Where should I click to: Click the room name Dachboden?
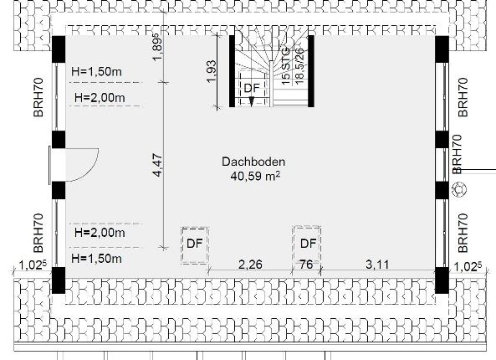point(253,162)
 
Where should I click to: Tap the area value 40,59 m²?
point(255,176)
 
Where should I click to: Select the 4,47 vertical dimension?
point(157,165)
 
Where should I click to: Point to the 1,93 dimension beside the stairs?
point(211,71)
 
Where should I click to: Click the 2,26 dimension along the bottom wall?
point(250,265)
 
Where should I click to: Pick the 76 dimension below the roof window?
point(306,264)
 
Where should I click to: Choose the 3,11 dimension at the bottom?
point(377,265)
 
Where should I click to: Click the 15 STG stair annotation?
point(286,66)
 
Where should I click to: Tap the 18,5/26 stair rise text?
point(299,66)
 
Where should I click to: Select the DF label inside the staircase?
point(252,88)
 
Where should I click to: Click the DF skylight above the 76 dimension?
point(307,244)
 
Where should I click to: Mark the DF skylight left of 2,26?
point(195,245)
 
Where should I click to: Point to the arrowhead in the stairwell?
point(252,101)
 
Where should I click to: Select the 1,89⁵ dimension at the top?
point(157,47)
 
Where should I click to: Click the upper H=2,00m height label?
point(100,97)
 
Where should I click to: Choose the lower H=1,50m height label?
point(96,259)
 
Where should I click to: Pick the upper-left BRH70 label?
point(38,97)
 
